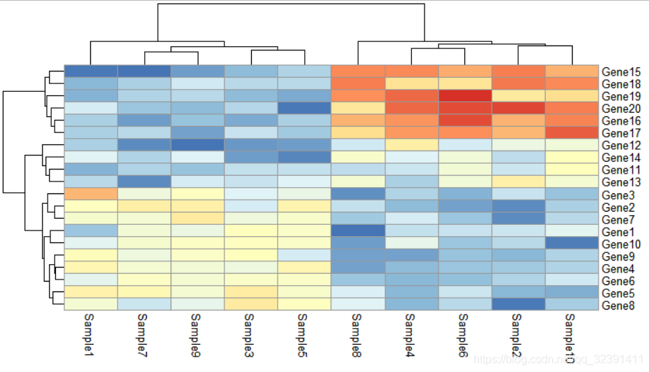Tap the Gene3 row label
point(617,195)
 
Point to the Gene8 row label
point(617,305)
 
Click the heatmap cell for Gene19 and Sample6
point(465,96)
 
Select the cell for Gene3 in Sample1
point(90,194)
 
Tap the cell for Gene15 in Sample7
point(144,71)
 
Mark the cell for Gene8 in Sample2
point(518,305)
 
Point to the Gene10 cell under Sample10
point(572,243)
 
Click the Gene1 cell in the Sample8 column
point(358,230)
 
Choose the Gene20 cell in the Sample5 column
point(304,108)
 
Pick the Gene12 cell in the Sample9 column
point(197,145)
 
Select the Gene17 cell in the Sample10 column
point(572,132)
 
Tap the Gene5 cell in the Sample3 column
point(251,292)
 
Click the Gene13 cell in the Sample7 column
point(144,181)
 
